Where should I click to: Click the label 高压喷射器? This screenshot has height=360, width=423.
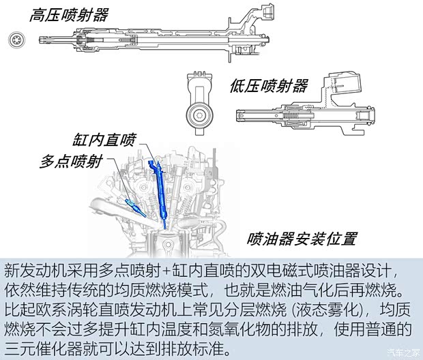pos(68,15)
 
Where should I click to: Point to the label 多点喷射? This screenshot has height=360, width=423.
pos(71,162)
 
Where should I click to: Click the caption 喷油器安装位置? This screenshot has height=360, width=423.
pos(302,239)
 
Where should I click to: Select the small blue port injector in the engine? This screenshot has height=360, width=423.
pos(133,204)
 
